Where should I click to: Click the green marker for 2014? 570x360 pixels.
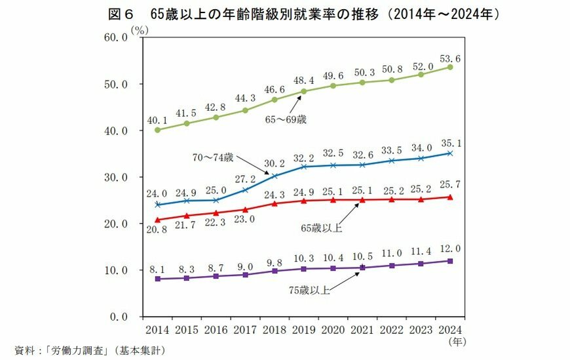[x=157, y=130]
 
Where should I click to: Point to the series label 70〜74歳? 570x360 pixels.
[x=213, y=158]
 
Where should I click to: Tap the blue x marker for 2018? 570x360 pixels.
[x=275, y=176]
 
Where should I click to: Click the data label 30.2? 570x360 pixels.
[x=274, y=164]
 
